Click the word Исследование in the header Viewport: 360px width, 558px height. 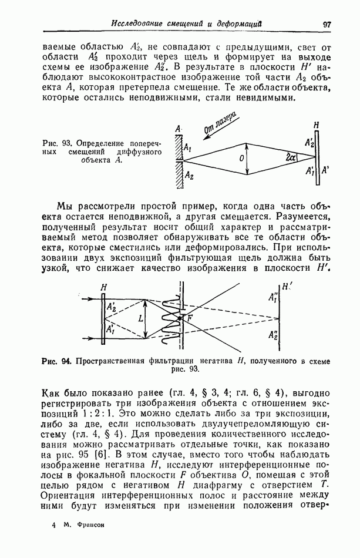pos(139,23)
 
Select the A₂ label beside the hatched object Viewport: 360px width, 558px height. pos(189,174)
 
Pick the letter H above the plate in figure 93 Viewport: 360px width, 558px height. pos(317,125)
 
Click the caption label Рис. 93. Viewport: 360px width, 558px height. pos(57,142)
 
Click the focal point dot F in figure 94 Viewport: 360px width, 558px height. pos(181,317)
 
